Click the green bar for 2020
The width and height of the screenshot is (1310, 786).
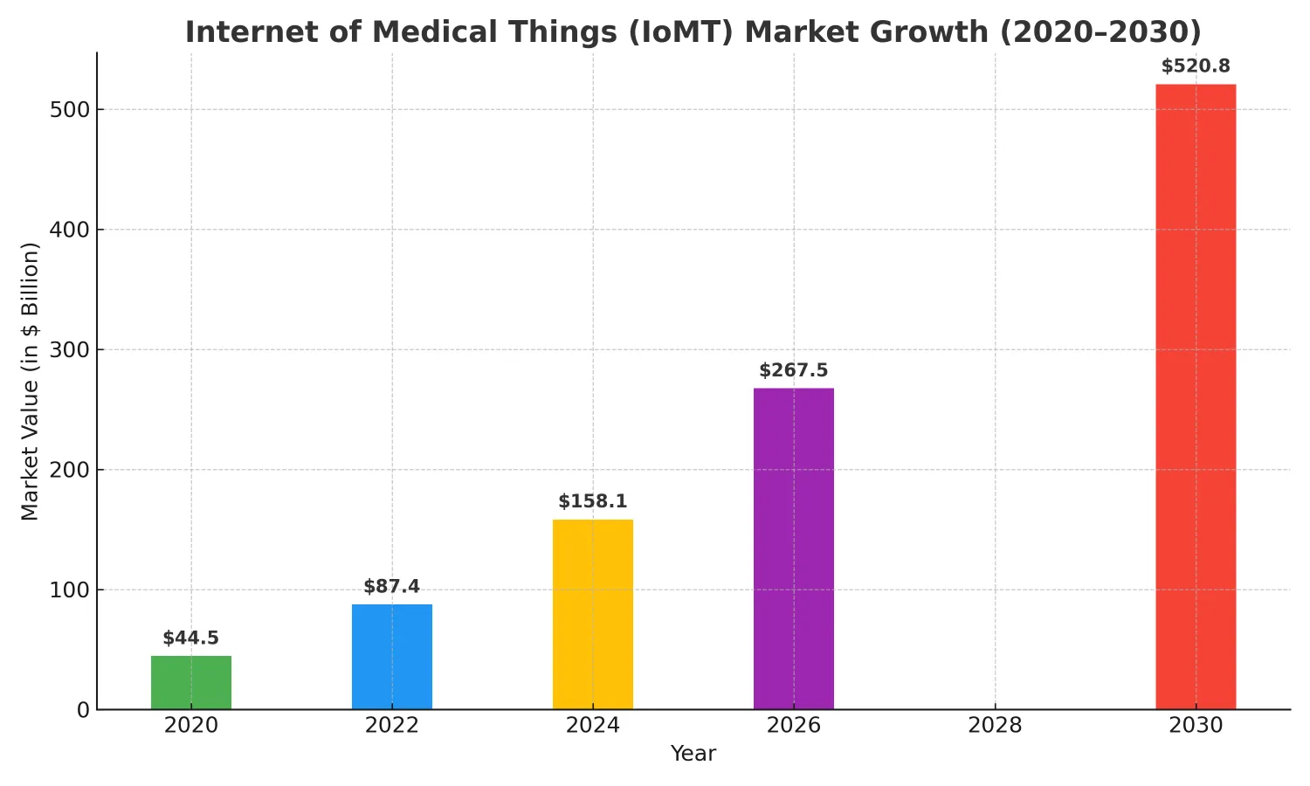click(191, 682)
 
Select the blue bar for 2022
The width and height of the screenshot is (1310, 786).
click(392, 657)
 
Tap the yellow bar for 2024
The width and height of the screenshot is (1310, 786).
click(593, 614)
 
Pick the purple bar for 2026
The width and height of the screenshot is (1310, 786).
click(794, 548)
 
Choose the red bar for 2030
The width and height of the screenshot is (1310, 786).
click(1196, 396)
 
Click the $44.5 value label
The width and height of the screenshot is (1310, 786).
click(191, 638)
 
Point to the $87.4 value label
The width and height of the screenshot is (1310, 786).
click(392, 587)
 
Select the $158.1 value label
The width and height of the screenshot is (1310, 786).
click(593, 502)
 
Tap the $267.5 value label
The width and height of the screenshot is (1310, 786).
click(794, 371)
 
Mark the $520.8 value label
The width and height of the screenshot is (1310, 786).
click(1196, 66)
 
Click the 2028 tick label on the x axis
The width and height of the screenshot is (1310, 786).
click(995, 726)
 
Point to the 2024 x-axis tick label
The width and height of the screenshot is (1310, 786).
click(593, 726)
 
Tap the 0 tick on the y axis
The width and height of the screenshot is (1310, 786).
click(83, 710)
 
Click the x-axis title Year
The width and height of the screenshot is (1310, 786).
click(693, 754)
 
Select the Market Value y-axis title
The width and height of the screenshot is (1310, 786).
click(31, 381)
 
